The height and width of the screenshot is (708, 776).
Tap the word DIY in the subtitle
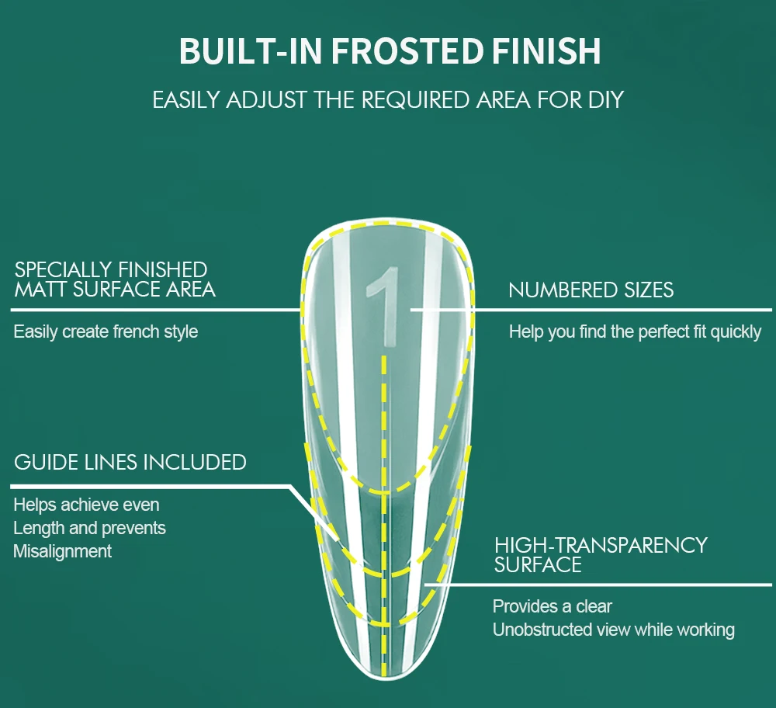point(605,100)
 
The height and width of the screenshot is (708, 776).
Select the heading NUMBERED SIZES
point(591,290)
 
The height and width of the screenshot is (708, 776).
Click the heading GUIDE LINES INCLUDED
point(130,463)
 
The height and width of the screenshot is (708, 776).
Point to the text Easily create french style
point(106,332)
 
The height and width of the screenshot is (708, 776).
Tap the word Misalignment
point(63,551)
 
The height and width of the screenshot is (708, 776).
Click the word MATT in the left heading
point(41,290)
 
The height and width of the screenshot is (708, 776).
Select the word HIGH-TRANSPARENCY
point(601,545)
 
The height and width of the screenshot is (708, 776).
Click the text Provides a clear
point(553,606)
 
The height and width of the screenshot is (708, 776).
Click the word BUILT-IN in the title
point(234,51)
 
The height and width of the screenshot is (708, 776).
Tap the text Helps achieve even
point(87,505)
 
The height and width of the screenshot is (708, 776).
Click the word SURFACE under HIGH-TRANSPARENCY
point(538,565)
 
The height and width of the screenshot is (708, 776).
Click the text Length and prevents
point(90,529)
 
